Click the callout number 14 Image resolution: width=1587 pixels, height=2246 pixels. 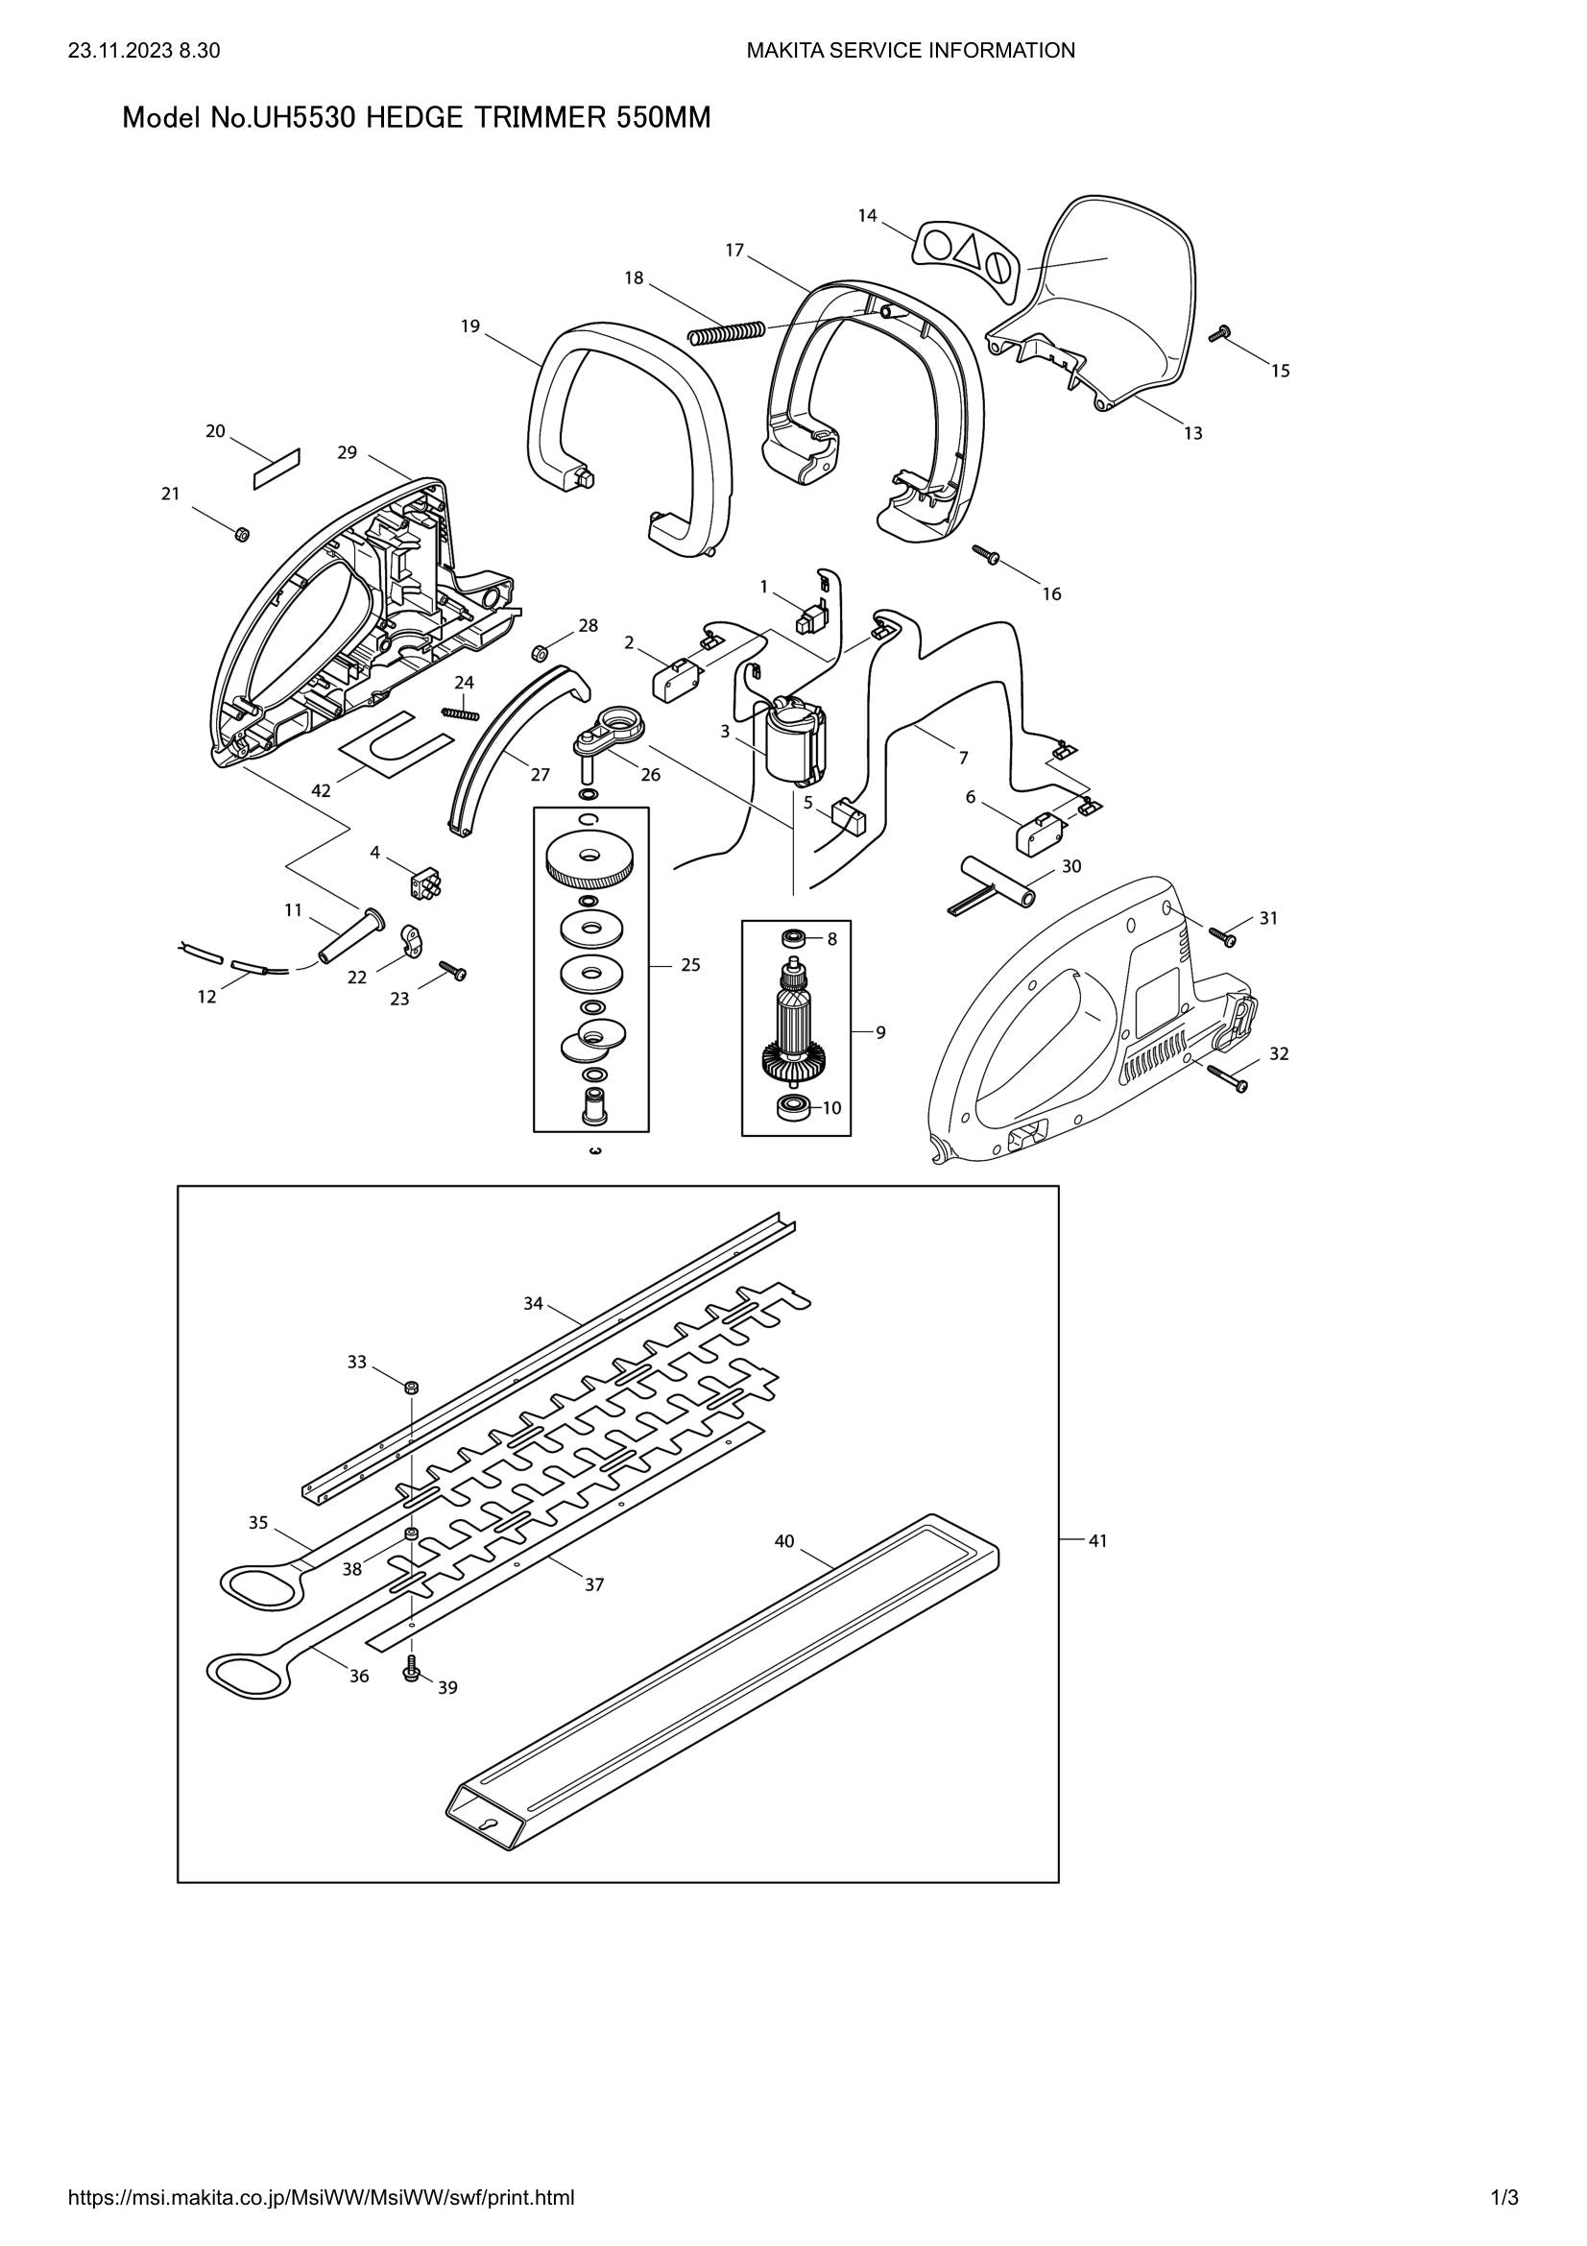(x=867, y=216)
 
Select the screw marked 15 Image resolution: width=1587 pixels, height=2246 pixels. (x=1218, y=334)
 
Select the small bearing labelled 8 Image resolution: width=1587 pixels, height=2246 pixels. (x=795, y=939)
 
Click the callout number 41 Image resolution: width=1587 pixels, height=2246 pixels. (x=1098, y=1540)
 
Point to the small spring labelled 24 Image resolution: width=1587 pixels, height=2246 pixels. (x=461, y=712)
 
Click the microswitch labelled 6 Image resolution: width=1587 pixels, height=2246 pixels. (x=1039, y=836)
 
